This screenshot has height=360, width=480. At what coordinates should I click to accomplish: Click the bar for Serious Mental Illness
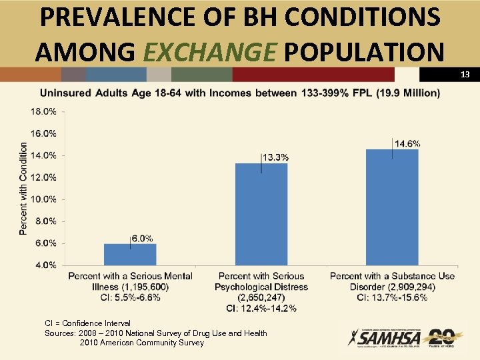click(x=130, y=254)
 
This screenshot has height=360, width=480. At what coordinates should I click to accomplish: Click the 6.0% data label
click(x=142, y=238)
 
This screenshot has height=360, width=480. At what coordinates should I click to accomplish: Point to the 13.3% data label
click(x=275, y=157)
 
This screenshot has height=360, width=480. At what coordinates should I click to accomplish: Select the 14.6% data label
click(x=407, y=143)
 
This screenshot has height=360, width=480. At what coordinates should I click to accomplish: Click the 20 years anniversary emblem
click(x=441, y=338)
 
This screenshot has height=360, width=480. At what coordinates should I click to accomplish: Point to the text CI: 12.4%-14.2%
click(x=261, y=308)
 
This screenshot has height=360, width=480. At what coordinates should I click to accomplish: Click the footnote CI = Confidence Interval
click(x=87, y=323)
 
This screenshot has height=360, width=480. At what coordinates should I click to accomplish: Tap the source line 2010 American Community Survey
click(x=141, y=343)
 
